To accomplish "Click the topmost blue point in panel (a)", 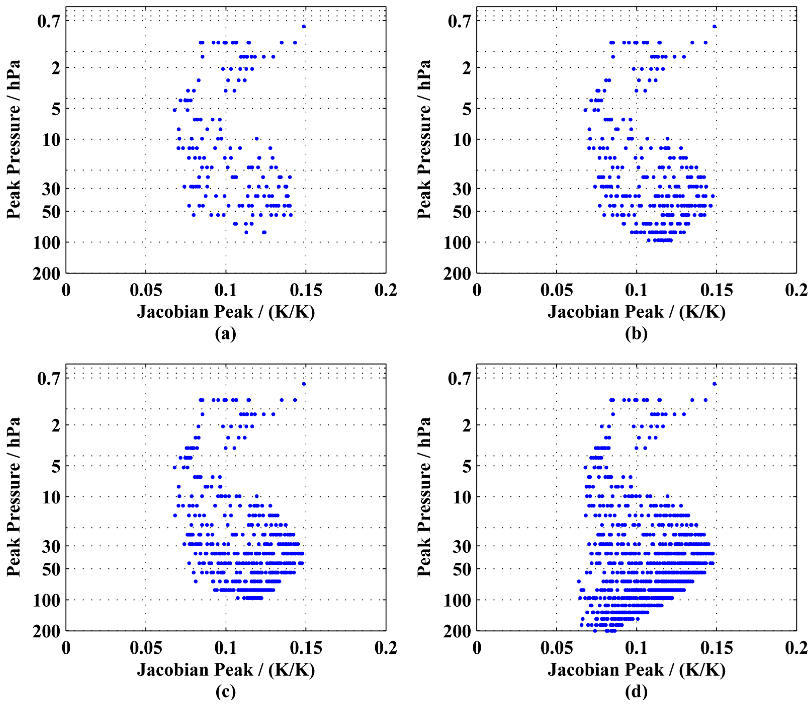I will tap(304, 26).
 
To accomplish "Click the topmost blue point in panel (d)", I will tap(714, 384).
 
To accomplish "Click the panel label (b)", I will tap(636, 334).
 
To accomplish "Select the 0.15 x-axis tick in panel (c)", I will tap(306, 648).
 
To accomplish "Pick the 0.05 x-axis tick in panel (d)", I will tap(556, 648).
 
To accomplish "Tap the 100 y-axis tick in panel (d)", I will tap(457, 600).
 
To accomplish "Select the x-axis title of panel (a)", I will tap(226, 312).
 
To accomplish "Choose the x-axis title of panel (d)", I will tap(636, 670).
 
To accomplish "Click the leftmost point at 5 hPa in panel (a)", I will tap(175, 110).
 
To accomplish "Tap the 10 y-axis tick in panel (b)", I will tap(462, 140).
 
